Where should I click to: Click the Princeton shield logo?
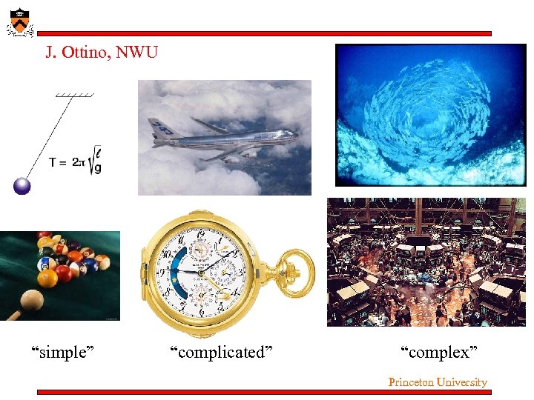pyautogui.click(x=19, y=21)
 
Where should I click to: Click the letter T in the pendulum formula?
pyautogui.click(x=53, y=163)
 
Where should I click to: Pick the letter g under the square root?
pyautogui.click(x=98, y=169)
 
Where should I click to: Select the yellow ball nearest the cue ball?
pyautogui.click(x=48, y=279)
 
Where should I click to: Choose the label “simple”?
pyautogui.click(x=62, y=353)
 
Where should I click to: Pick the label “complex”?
pyautogui.click(x=438, y=353)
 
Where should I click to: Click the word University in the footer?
pyautogui.click(x=461, y=382)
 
